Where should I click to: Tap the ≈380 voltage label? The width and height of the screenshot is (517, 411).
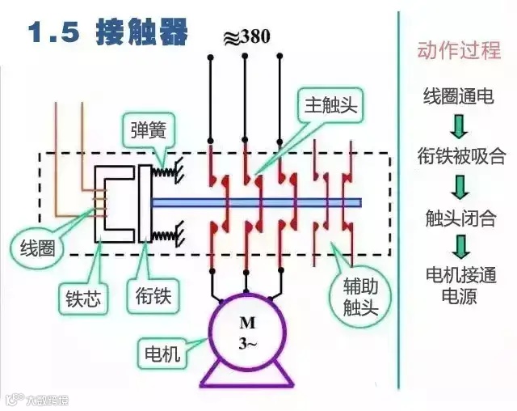coord(246,36)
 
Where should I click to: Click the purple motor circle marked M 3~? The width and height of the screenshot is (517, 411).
coord(246,332)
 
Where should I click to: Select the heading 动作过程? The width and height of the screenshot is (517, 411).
coord(458,50)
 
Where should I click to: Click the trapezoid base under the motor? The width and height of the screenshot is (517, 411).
coord(246,375)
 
